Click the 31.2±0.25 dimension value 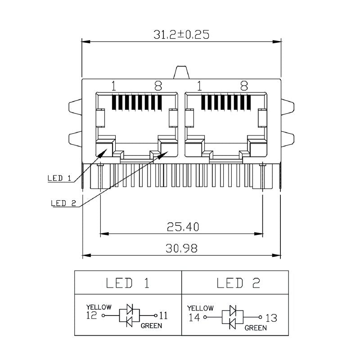[x=181, y=35]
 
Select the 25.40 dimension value [x=181, y=226]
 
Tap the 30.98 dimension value [x=181, y=248]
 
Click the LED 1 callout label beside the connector [x=59, y=178]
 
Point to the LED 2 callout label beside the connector [x=63, y=203]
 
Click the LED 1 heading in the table [x=127, y=283]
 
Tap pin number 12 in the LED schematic [x=91, y=315]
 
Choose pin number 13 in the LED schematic [x=271, y=318]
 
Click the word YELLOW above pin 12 [x=99, y=307]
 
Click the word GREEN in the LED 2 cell [x=256, y=328]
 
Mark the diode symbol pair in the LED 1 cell [x=130, y=315]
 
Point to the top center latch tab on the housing [x=181, y=72]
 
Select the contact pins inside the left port [x=135, y=103]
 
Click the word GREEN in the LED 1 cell [x=151, y=326]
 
